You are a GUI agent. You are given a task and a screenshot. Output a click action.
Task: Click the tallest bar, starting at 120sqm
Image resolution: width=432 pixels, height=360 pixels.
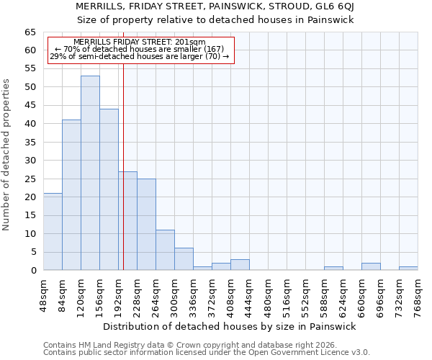click(x=90, y=173)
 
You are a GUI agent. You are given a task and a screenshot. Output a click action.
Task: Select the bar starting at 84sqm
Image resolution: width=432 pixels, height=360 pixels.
click(x=71, y=194)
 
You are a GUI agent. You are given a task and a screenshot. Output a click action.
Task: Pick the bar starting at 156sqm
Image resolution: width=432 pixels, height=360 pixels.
click(x=109, y=189)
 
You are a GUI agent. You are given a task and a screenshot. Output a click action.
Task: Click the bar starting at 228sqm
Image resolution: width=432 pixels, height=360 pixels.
click(x=146, y=225)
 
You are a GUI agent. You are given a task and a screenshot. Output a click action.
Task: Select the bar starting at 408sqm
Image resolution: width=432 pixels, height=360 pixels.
click(x=240, y=265)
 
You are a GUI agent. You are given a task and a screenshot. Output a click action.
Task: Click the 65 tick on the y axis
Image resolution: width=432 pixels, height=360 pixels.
click(x=30, y=32)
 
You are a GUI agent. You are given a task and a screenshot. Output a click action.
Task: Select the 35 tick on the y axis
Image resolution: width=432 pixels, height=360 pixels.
click(x=30, y=143)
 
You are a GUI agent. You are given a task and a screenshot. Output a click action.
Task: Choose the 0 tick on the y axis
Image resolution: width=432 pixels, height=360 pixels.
click(x=33, y=271)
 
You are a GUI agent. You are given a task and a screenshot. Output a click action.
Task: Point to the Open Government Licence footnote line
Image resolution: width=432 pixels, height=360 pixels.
click(x=207, y=353)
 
